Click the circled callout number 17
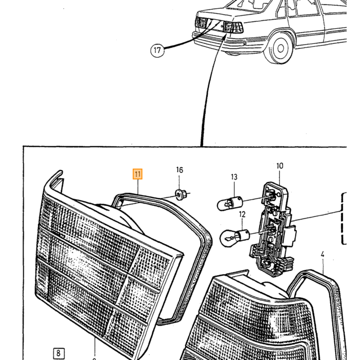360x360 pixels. (x=157, y=50)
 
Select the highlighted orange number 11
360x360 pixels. (x=137, y=174)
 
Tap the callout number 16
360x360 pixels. (x=179, y=170)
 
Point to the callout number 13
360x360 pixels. (x=234, y=177)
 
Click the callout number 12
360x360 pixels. (x=242, y=214)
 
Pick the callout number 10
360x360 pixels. (x=280, y=166)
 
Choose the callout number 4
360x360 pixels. (x=322, y=255)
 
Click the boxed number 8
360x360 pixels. (x=59, y=353)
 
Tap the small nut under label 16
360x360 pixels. (x=181, y=195)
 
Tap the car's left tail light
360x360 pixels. (x=202, y=23)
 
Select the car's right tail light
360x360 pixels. (x=233, y=27)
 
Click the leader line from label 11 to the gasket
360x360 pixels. (x=138, y=187)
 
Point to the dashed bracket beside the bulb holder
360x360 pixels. (x=344, y=219)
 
